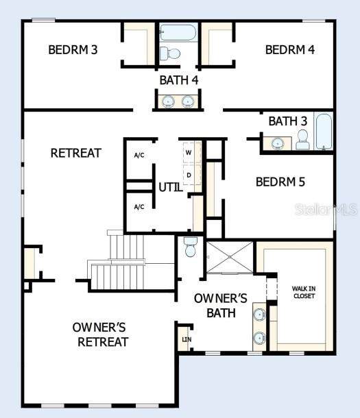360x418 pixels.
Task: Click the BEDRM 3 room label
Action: coord(73,50)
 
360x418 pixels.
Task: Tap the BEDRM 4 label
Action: coord(290,50)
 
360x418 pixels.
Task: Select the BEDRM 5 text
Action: coord(280,182)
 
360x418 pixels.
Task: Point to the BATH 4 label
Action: coord(179,80)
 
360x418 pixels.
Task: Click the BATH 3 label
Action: coord(288,121)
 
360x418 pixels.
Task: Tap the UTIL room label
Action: coord(171,187)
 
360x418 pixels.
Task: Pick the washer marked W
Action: coord(189,153)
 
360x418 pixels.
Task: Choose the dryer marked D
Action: coord(189,175)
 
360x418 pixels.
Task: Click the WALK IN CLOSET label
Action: coord(304,292)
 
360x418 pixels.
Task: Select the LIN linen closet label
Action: coord(187,340)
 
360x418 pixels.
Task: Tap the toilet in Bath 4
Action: coord(170,53)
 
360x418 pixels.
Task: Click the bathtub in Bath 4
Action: coord(178,32)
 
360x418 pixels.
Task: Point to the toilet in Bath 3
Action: coord(302,139)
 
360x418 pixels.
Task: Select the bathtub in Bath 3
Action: coord(324,131)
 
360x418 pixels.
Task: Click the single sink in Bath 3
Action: coord(278,144)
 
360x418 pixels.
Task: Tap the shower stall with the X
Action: coord(230,257)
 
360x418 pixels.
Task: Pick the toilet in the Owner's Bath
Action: coord(190,247)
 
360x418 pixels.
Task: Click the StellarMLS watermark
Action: coord(326,210)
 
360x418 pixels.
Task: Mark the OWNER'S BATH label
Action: coord(221,306)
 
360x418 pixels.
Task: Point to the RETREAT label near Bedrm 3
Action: coord(76,153)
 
